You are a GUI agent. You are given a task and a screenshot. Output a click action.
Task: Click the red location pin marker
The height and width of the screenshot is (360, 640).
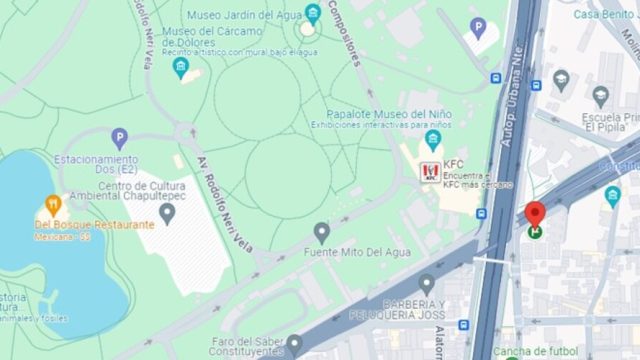pyautogui.click(x=535, y=214)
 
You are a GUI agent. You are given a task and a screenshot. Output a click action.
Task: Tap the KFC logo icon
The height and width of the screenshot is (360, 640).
pyautogui.click(x=430, y=172)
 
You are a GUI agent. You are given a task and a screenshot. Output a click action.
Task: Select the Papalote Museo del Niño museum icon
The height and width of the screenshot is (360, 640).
pyautogui.click(x=433, y=140)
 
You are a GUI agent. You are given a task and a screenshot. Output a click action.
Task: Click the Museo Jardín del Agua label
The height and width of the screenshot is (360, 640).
pyautogui.click(x=244, y=14)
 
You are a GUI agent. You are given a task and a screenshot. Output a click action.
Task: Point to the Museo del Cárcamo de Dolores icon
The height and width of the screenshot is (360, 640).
pyautogui.click(x=181, y=68)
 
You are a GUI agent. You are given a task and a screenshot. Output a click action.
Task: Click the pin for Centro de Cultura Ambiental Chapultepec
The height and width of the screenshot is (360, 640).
pyautogui.click(x=167, y=212)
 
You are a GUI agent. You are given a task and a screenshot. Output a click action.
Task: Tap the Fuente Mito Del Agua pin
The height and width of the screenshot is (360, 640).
pyautogui.click(x=321, y=233)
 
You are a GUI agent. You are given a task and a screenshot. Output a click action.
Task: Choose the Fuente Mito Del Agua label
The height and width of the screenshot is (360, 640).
pyautogui.click(x=357, y=253)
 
